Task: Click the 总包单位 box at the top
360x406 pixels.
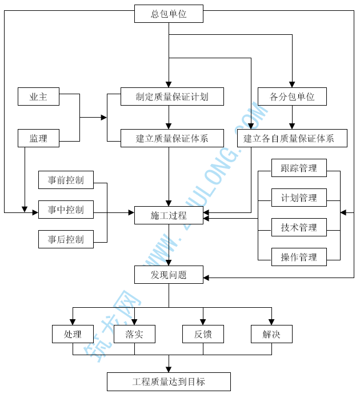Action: pos(169,14)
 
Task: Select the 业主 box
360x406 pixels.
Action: pos(38,97)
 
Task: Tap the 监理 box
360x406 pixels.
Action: pos(38,138)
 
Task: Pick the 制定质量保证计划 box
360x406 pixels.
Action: pos(172,97)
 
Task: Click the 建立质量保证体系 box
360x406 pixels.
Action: pos(172,138)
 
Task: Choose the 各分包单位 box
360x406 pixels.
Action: pos(292,97)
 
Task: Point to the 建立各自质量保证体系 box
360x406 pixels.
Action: pos(292,138)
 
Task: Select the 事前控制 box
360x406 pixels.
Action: pos(66,180)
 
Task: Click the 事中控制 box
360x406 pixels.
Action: pos(66,210)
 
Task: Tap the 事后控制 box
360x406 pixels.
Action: pos(66,239)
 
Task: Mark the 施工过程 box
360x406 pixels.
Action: pos(169,215)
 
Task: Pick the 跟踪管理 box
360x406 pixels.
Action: pos(299,168)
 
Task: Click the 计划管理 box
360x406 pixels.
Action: pos(299,198)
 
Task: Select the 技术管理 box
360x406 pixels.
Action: pos(299,227)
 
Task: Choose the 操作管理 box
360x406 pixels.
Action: pos(299,257)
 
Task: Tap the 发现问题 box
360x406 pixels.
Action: pos(169,275)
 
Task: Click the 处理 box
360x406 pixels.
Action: pos(73,334)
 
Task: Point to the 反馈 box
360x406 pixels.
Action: pos(203,334)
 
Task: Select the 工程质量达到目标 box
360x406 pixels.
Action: pos(169,381)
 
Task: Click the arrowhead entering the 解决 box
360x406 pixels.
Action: pos(271,321)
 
